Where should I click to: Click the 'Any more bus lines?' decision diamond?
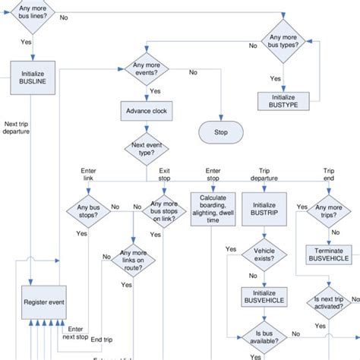click(x=31, y=16)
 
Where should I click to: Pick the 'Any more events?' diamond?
click(x=148, y=73)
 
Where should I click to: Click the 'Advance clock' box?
click(x=148, y=111)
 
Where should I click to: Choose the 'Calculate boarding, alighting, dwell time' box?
click(x=210, y=208)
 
